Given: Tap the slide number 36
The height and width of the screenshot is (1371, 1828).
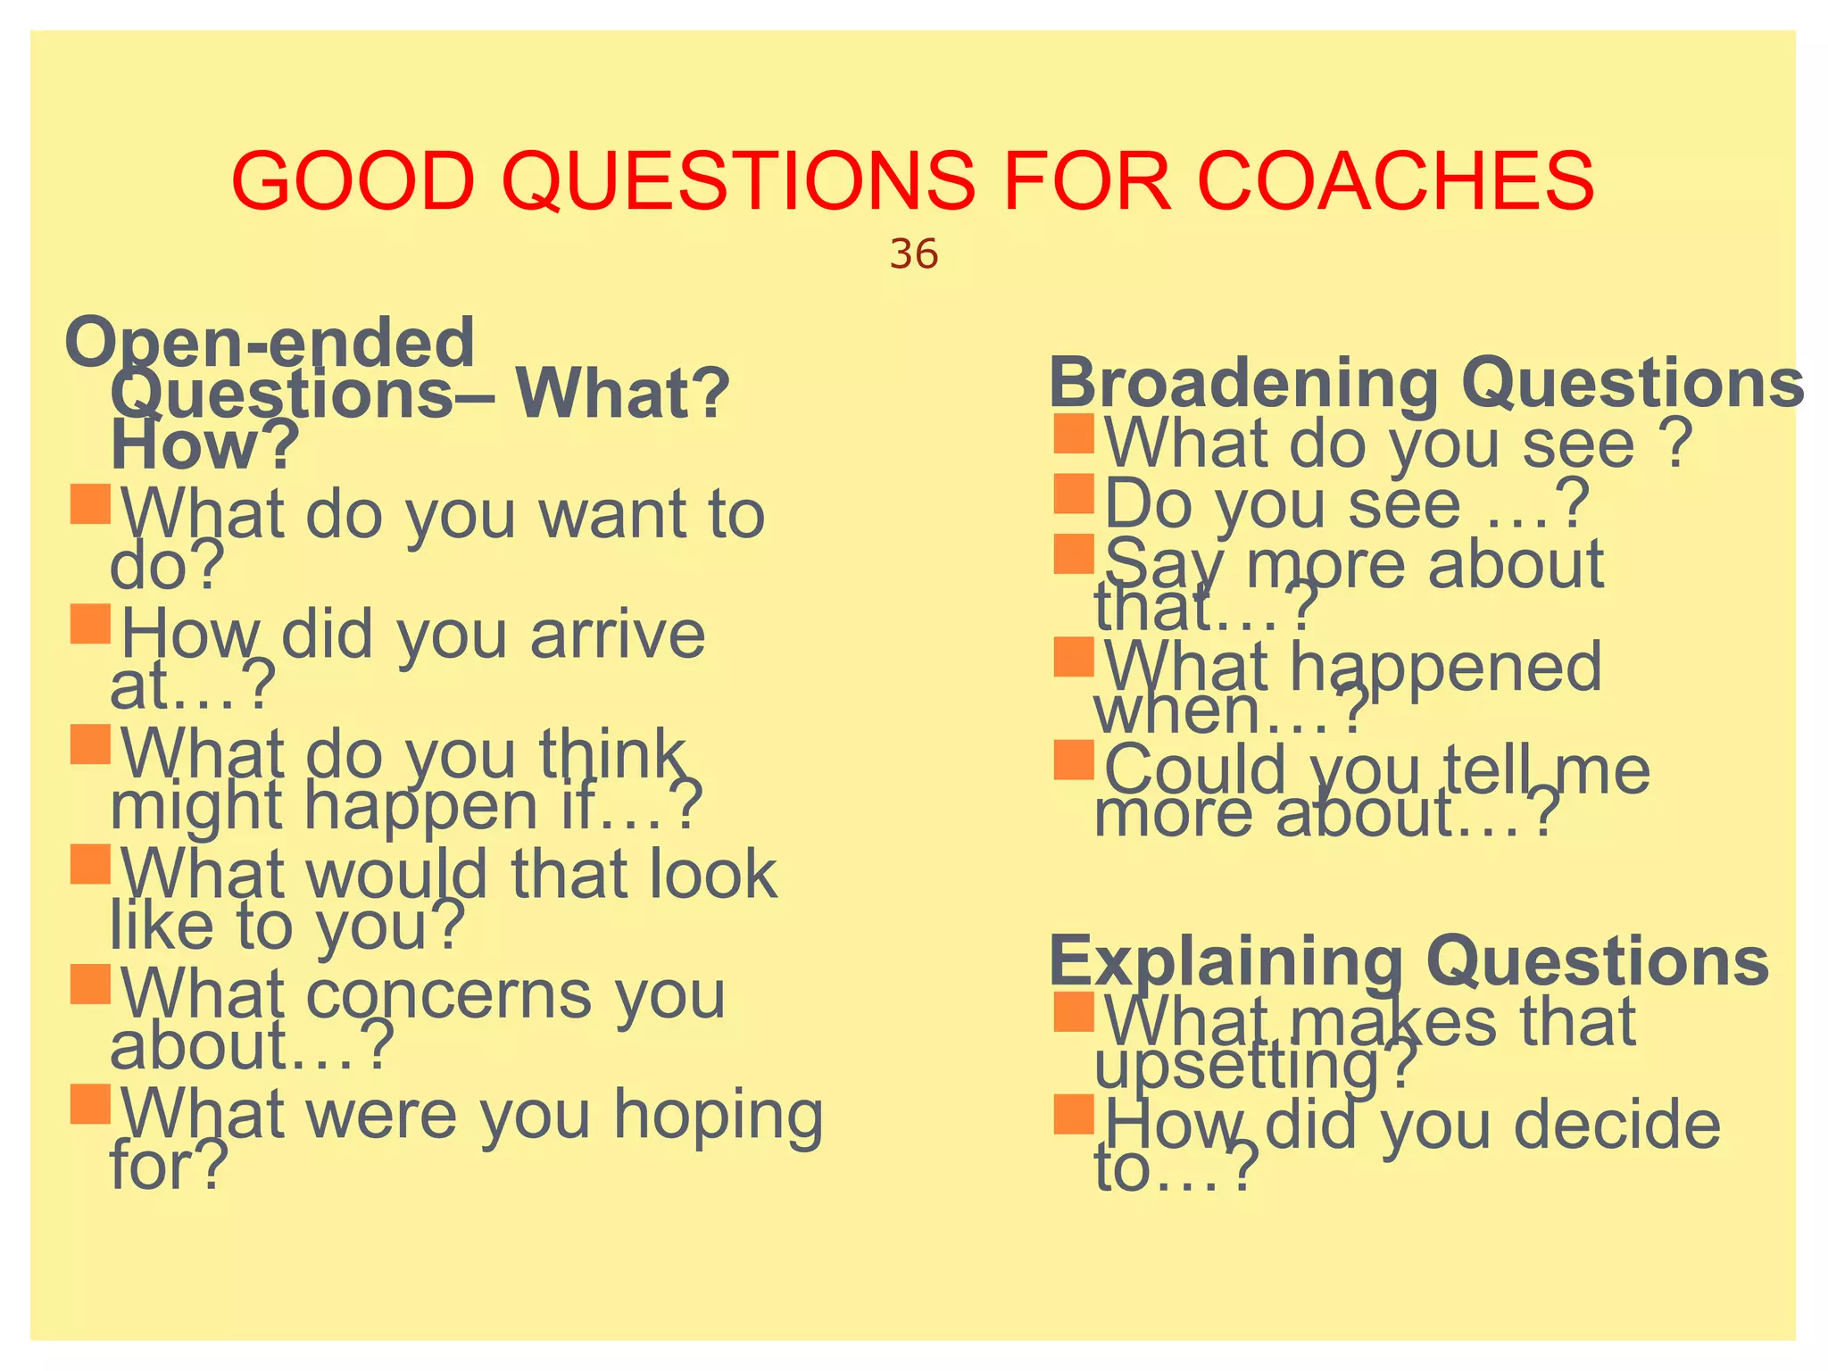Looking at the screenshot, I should click(913, 255).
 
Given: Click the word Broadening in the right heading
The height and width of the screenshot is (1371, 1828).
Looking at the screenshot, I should click(1243, 383).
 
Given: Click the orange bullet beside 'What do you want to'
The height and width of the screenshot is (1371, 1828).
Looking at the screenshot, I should click(90, 504).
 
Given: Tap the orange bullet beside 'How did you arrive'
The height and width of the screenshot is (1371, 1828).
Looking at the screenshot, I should click(90, 624).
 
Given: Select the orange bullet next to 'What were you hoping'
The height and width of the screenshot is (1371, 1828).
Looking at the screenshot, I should click(90, 1104).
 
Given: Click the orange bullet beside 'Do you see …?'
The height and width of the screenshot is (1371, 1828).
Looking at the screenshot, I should click(1073, 494).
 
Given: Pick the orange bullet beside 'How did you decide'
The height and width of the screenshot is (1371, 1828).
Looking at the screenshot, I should click(1073, 1114).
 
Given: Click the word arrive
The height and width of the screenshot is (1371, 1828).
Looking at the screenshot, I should click(618, 635).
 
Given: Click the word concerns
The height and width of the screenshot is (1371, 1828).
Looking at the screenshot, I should click(448, 995).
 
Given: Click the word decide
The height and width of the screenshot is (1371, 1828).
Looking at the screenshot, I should click(1616, 1125).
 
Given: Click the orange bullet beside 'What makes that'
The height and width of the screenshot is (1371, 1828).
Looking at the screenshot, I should click(1073, 1012).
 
